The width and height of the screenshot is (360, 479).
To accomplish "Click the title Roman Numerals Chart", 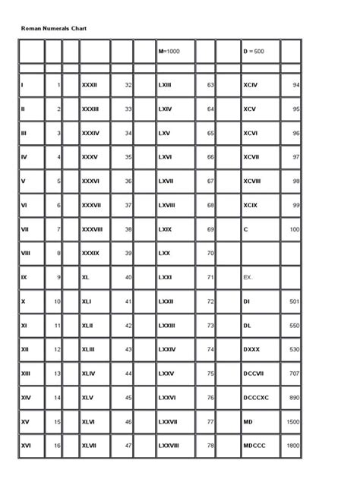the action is coord(54,28).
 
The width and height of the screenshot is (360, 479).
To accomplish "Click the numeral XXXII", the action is coord(90,85).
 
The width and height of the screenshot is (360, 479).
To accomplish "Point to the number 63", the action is coord(210,85).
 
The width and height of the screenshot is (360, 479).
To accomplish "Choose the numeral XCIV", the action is coord(251,85).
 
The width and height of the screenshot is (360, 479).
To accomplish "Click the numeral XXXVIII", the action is coord(93,229).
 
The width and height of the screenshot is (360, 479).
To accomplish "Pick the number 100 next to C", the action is coord(294,229).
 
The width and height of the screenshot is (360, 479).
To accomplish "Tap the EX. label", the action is coord(248,277).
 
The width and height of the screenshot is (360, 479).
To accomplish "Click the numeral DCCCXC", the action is coord(257,397).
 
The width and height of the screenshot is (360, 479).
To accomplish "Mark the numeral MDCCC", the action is coord(254,446).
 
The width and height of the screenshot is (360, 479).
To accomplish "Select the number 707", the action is coord(294,373).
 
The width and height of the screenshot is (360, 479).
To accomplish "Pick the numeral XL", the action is coord(86,277).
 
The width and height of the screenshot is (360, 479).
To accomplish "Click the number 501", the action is coord(294,301).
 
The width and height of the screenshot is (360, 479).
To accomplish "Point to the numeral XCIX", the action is coord(251,205).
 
